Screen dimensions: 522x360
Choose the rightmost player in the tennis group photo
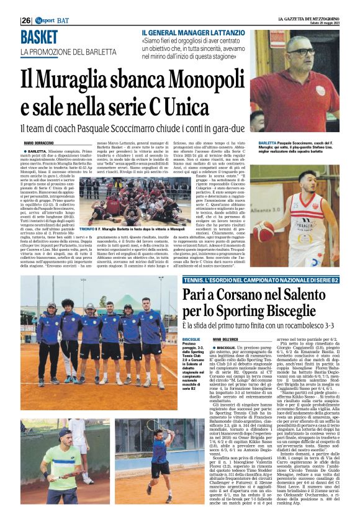150,323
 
